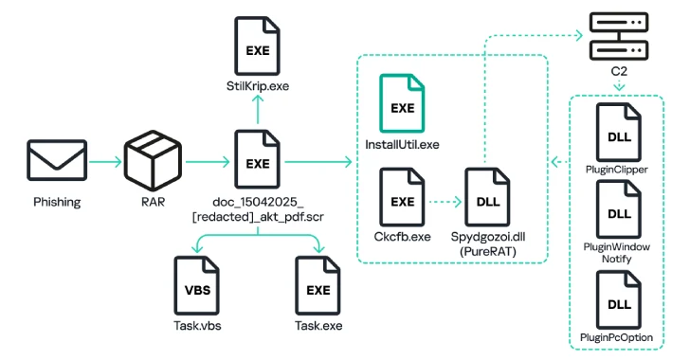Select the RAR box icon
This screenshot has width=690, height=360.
[x=154, y=162]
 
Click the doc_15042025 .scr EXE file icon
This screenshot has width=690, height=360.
[x=257, y=163]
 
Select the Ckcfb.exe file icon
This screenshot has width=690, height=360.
[x=402, y=201]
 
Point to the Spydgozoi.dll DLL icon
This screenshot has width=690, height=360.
[x=488, y=201]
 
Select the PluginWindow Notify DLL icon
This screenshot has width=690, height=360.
[x=617, y=214]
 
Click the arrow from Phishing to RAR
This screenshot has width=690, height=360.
[x=103, y=163]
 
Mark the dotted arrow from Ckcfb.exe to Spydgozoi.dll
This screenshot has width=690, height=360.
[x=444, y=201]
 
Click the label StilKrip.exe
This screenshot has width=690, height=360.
[x=257, y=86]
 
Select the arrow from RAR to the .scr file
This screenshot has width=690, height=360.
[x=205, y=163]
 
